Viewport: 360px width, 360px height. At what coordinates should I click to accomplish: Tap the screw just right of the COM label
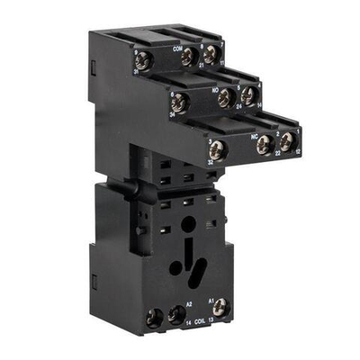[189, 58]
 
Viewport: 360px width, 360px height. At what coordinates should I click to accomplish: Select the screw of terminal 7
[211, 56]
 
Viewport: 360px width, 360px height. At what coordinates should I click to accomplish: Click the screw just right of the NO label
[226, 98]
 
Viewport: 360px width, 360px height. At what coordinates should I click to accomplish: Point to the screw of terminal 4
[248, 95]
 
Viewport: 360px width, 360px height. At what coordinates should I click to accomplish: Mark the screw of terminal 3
[216, 151]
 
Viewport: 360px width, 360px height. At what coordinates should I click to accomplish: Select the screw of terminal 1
[287, 140]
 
